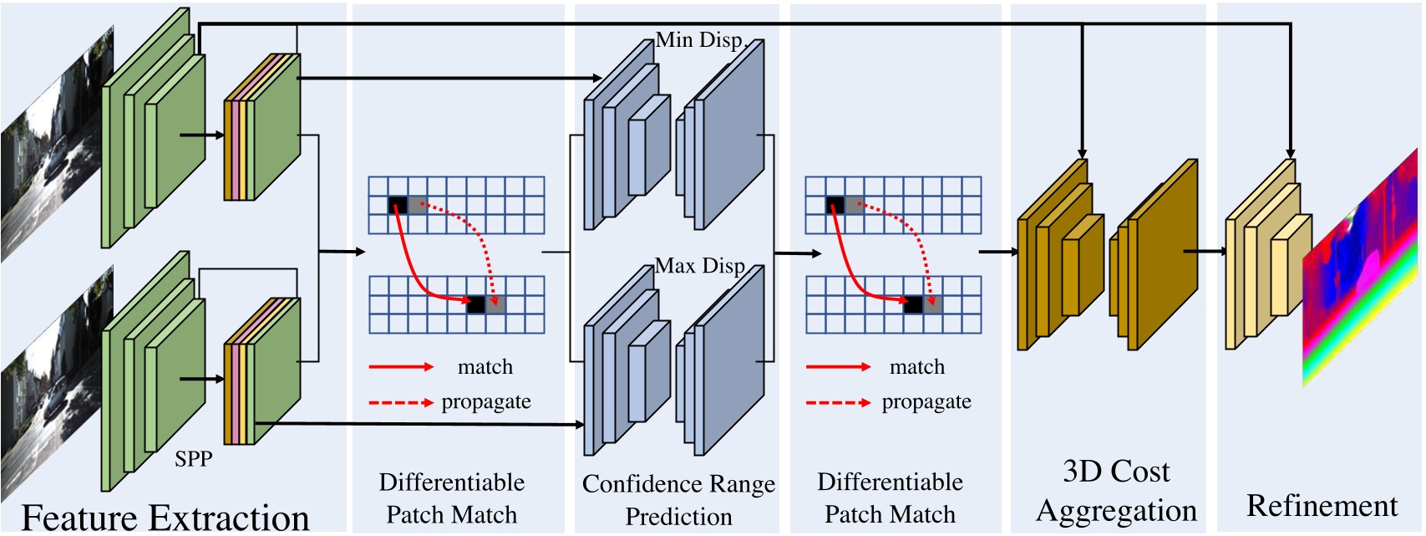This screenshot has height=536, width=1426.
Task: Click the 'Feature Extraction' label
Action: (x=165, y=517)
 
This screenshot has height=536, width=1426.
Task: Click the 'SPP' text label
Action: (x=193, y=458)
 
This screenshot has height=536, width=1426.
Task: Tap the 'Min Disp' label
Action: (x=698, y=39)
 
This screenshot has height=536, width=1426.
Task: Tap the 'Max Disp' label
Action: (x=699, y=266)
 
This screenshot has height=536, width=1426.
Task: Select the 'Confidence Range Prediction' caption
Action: (x=678, y=499)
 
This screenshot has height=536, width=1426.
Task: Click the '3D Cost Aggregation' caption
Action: (x=1116, y=490)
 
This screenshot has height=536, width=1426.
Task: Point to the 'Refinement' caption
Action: (x=1322, y=505)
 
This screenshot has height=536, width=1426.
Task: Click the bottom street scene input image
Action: (x=54, y=393)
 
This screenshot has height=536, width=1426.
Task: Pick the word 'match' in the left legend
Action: (x=485, y=366)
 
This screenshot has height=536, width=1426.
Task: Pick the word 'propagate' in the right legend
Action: (x=926, y=401)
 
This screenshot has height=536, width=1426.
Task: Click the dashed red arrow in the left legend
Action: (x=401, y=403)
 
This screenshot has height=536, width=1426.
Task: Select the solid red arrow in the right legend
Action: (x=838, y=366)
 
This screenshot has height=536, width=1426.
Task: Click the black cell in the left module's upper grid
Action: (x=398, y=205)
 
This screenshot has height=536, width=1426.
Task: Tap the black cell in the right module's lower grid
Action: (x=913, y=304)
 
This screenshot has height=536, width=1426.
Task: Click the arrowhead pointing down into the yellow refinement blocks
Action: (x=1292, y=153)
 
